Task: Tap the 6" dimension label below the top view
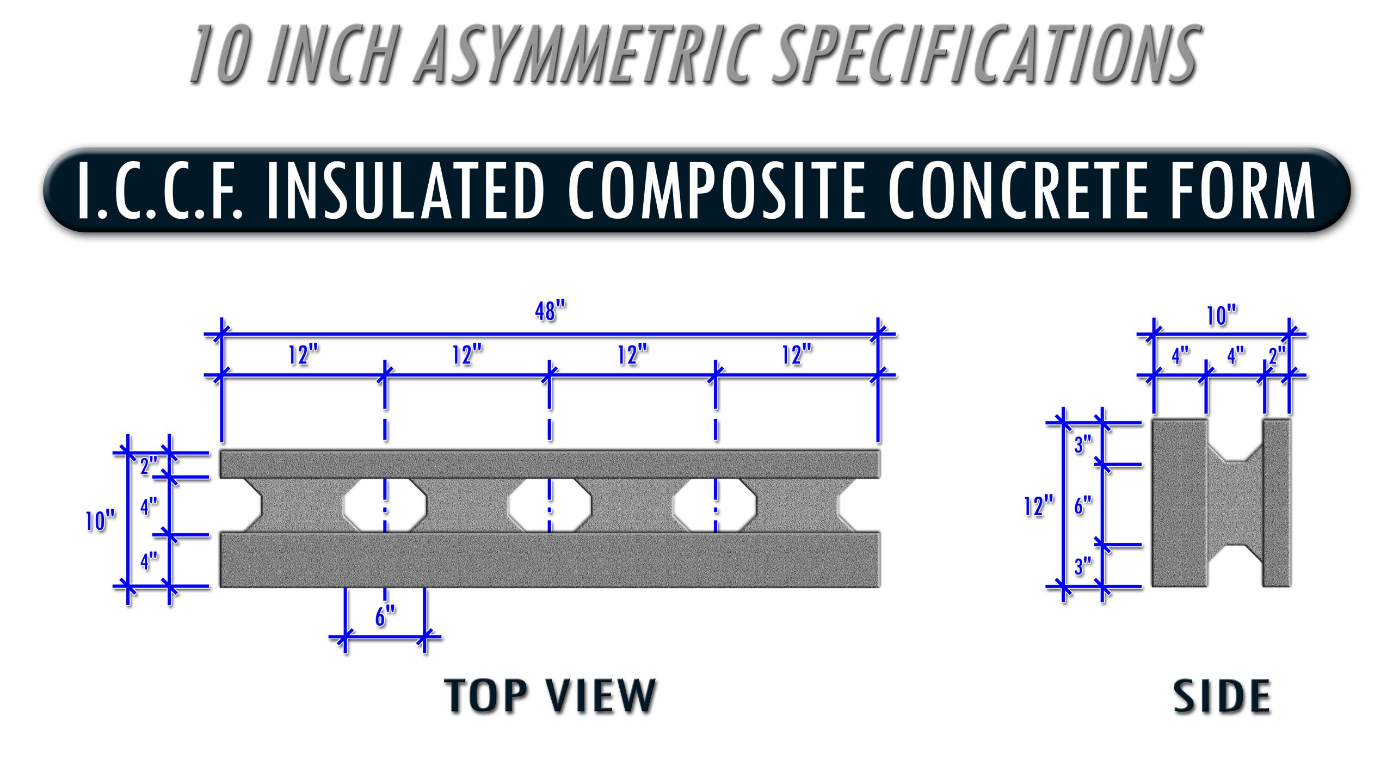point(385,617)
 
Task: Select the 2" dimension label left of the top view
point(149,466)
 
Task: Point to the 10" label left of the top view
point(100,521)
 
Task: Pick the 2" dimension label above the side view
point(1277,356)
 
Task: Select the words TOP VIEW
point(550,696)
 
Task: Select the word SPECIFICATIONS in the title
point(985,54)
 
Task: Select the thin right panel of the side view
point(1277,503)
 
